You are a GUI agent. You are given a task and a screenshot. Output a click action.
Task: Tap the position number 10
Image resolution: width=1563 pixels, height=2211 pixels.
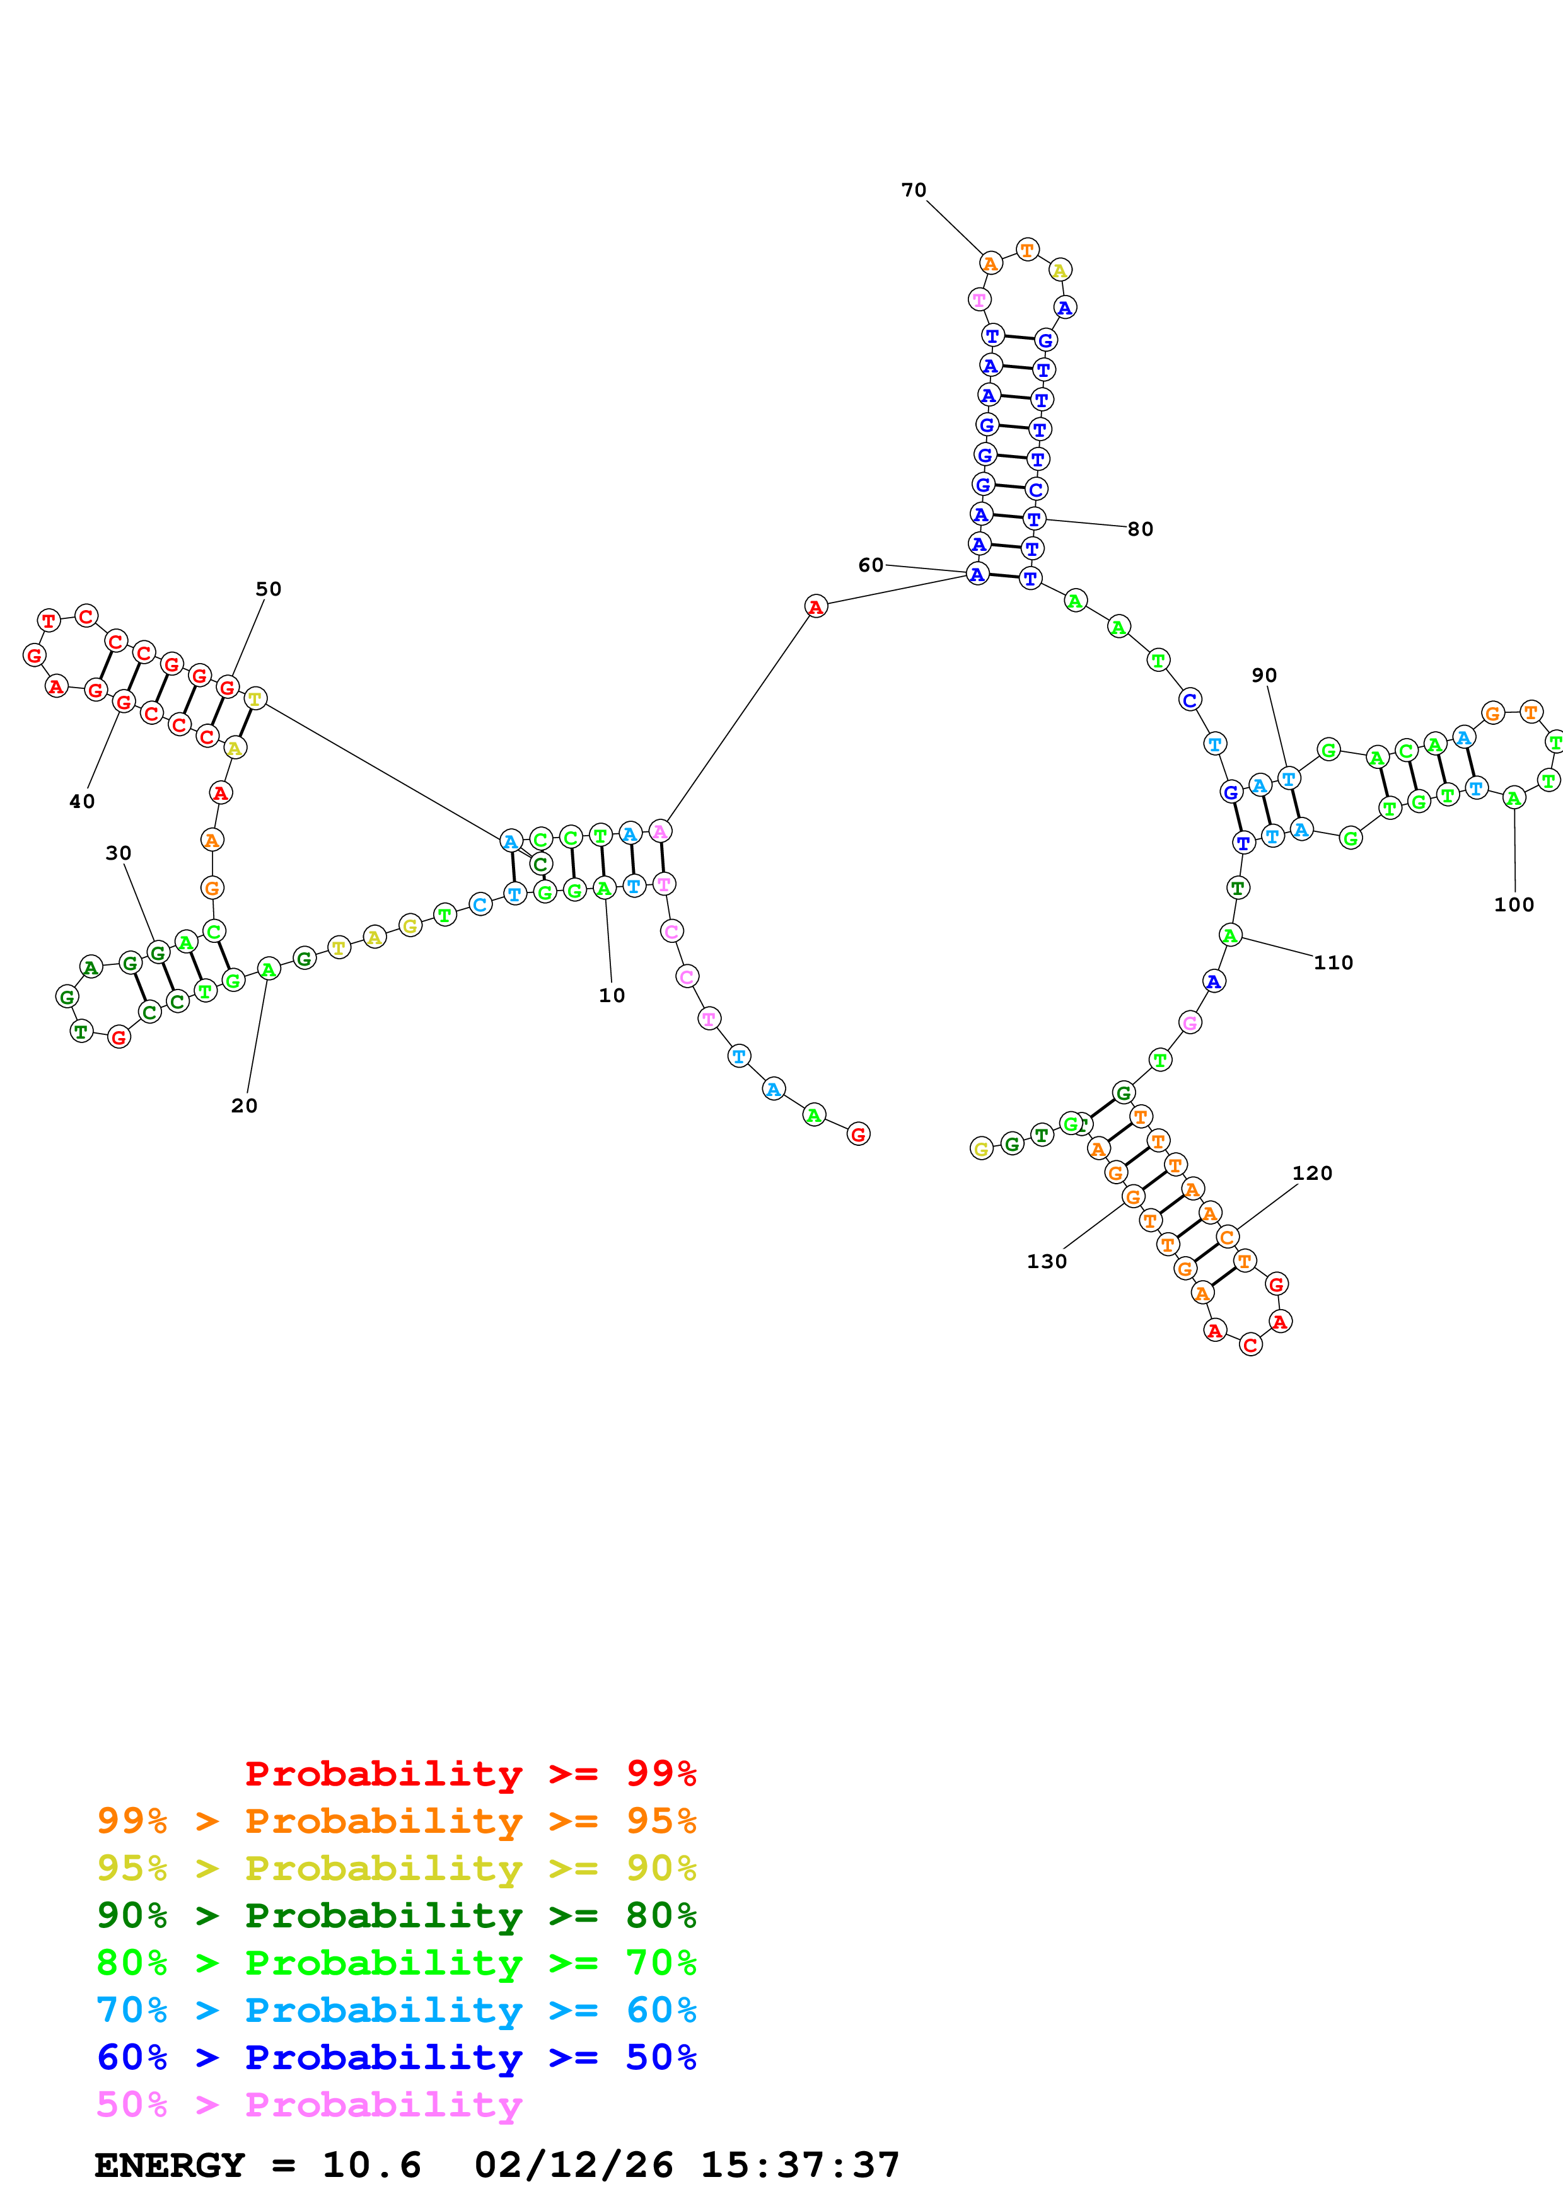(x=612, y=996)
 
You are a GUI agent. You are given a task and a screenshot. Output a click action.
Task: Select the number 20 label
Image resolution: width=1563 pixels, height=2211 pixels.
(x=243, y=1105)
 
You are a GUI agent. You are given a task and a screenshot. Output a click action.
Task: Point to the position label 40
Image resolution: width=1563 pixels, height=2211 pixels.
(x=82, y=801)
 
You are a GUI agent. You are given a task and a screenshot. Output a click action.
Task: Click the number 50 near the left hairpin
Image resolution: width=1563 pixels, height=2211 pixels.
(x=268, y=589)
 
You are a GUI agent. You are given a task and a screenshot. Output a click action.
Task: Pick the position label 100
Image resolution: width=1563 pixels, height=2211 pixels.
(x=1513, y=904)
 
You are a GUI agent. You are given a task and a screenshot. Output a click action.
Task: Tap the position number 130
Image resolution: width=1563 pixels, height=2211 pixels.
(x=1046, y=1262)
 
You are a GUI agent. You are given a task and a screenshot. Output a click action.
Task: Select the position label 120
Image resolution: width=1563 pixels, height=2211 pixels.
(x=1311, y=1173)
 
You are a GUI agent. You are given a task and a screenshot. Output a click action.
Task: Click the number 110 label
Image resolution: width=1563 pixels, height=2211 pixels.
(x=1333, y=963)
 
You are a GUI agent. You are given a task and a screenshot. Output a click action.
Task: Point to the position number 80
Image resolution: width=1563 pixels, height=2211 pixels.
(x=1140, y=529)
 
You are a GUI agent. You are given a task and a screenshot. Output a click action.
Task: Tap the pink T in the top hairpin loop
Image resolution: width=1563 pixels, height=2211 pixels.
(x=979, y=299)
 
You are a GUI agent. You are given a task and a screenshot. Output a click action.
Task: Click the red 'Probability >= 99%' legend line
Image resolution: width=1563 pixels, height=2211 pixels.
(x=470, y=1773)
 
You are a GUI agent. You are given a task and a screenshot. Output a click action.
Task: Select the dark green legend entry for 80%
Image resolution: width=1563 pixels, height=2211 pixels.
(x=396, y=1915)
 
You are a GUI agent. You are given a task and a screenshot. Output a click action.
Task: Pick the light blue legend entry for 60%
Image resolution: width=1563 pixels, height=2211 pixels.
(x=396, y=2010)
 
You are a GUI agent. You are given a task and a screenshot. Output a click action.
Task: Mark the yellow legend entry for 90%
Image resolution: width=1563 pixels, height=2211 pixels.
(x=396, y=1868)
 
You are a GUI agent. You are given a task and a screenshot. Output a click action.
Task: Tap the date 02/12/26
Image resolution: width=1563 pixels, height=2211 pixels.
(x=573, y=2166)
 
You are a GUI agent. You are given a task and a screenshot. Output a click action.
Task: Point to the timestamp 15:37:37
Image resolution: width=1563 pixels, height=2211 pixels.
(x=799, y=2166)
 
